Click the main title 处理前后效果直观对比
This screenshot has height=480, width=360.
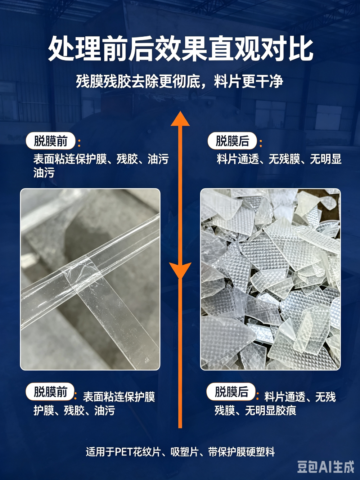coord(181,49)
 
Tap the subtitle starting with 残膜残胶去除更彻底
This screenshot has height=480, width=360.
coord(180,82)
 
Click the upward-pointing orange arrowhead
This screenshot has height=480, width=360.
coord(180,118)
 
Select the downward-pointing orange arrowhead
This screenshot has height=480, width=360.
coord(180,271)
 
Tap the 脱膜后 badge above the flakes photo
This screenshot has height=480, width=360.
coord(232,141)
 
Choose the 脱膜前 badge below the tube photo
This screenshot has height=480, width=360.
coord(50,391)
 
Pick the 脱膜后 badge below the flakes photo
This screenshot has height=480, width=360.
coord(231,391)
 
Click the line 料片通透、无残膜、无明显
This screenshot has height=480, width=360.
coord(279,159)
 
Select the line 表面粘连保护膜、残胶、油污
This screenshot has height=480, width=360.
coord(101,159)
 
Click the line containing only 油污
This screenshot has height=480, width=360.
coord(44,173)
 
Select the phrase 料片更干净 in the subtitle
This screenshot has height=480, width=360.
coord(249,82)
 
